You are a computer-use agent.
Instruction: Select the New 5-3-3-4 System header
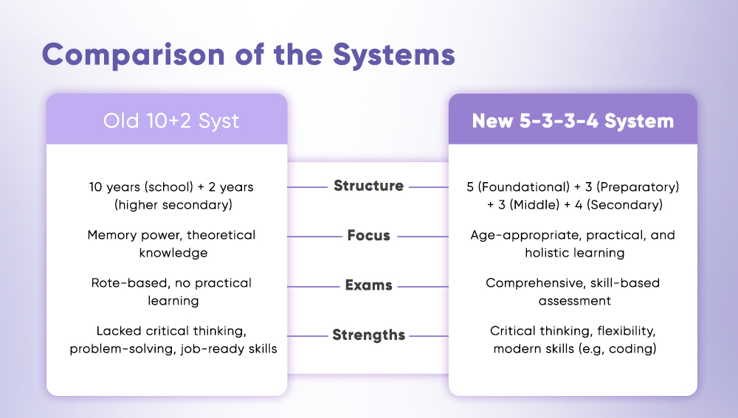[x=573, y=120]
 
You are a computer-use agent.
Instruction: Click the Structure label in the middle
[x=368, y=186]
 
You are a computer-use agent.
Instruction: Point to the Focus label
[x=368, y=236]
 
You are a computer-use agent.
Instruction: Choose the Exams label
[x=368, y=285]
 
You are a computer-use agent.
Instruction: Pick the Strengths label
[x=368, y=335]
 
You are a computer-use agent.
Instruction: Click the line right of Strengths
[x=429, y=336]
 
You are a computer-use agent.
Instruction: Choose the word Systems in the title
[x=394, y=55]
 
